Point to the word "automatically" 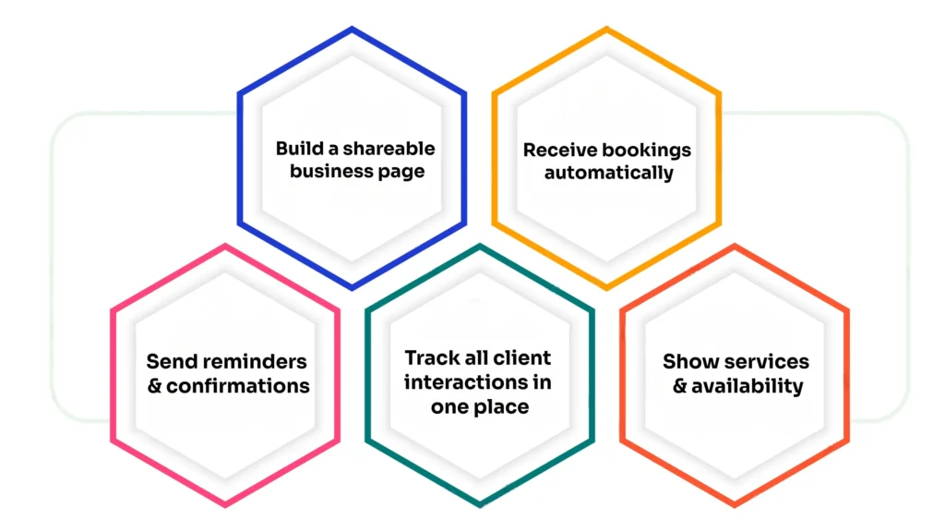608,173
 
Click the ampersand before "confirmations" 154,385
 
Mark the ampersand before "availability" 679,385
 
